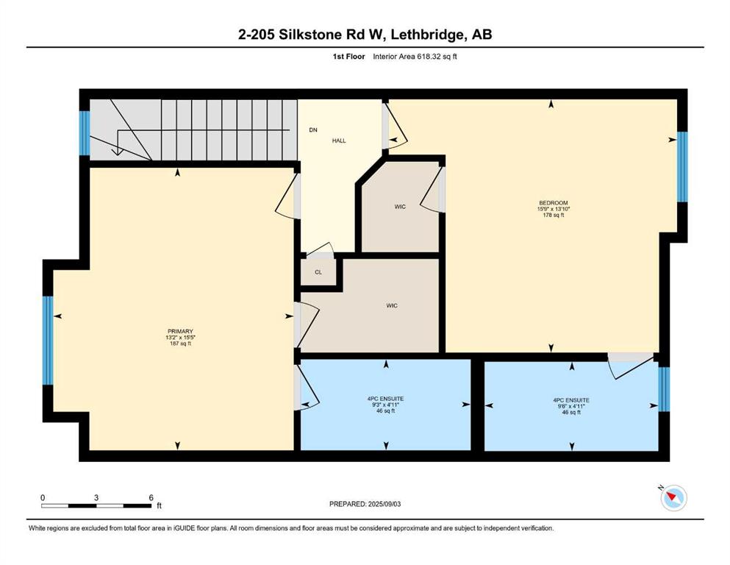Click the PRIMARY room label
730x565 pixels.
click(x=180, y=331)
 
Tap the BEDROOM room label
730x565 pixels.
click(x=553, y=202)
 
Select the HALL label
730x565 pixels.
click(x=339, y=141)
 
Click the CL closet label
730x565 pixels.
click(x=318, y=272)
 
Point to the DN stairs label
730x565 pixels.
click(x=313, y=130)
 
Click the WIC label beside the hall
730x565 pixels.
click(x=400, y=206)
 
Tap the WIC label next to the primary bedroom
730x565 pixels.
click(x=392, y=305)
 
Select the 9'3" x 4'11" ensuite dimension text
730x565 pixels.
click(x=385, y=405)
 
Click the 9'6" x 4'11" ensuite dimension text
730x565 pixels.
click(x=571, y=406)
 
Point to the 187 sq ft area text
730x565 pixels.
click(x=180, y=344)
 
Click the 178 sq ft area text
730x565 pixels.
click(x=553, y=216)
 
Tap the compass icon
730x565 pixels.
click(x=673, y=497)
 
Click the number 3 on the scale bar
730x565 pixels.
click(x=96, y=497)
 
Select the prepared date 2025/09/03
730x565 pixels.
click(x=384, y=504)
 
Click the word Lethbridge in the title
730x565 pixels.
click(x=427, y=35)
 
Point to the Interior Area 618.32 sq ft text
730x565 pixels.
click(x=415, y=57)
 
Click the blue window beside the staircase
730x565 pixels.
click(x=85, y=133)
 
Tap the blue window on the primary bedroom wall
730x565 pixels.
click(x=48, y=341)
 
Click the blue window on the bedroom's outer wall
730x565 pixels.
click(x=682, y=167)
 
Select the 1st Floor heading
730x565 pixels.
click(x=348, y=57)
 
